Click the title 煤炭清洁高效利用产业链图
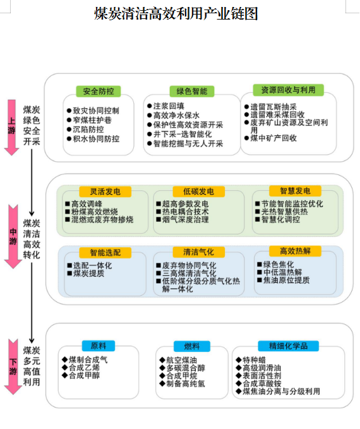tap(176, 14)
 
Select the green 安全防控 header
tap(98, 92)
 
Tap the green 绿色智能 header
tap(192, 92)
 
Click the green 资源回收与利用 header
tap(289, 90)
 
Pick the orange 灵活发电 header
tap(105, 191)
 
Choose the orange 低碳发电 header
tap(198, 191)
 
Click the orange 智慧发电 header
tap(295, 191)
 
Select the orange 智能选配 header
tap(105, 253)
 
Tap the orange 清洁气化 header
tap(198, 252)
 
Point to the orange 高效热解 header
tap(295, 251)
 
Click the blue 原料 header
tap(99, 346)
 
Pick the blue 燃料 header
tap(192, 346)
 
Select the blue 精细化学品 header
tap(289, 346)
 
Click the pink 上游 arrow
tap(11, 128)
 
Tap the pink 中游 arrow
tap(13, 237)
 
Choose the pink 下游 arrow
tap(13, 367)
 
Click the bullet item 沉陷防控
tap(85, 130)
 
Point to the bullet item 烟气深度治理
tap(183, 219)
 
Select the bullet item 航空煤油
tap(178, 360)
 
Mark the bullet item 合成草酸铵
tap(258, 384)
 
